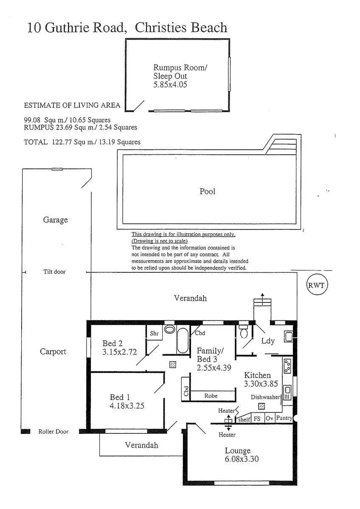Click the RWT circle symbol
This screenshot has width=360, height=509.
click(x=317, y=285)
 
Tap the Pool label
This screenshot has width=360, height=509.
click(x=208, y=191)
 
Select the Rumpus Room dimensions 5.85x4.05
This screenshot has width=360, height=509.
click(x=170, y=84)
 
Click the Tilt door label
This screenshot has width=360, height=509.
click(x=54, y=271)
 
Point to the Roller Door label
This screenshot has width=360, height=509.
click(x=53, y=431)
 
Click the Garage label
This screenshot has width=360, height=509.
click(x=55, y=220)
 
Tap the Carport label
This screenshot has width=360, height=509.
click(x=53, y=351)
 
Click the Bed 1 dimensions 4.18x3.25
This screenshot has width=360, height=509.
click(x=127, y=406)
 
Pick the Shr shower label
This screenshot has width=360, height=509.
click(x=154, y=333)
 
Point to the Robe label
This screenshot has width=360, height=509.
click(x=211, y=396)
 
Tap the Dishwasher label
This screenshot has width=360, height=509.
click(x=265, y=397)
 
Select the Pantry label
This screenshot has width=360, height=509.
click(x=284, y=418)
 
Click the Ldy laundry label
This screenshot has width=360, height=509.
click(x=268, y=341)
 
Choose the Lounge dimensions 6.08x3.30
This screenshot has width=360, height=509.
click(x=242, y=459)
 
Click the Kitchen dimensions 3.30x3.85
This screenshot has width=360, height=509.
click(x=260, y=383)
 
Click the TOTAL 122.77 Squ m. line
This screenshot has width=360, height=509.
click(x=82, y=142)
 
